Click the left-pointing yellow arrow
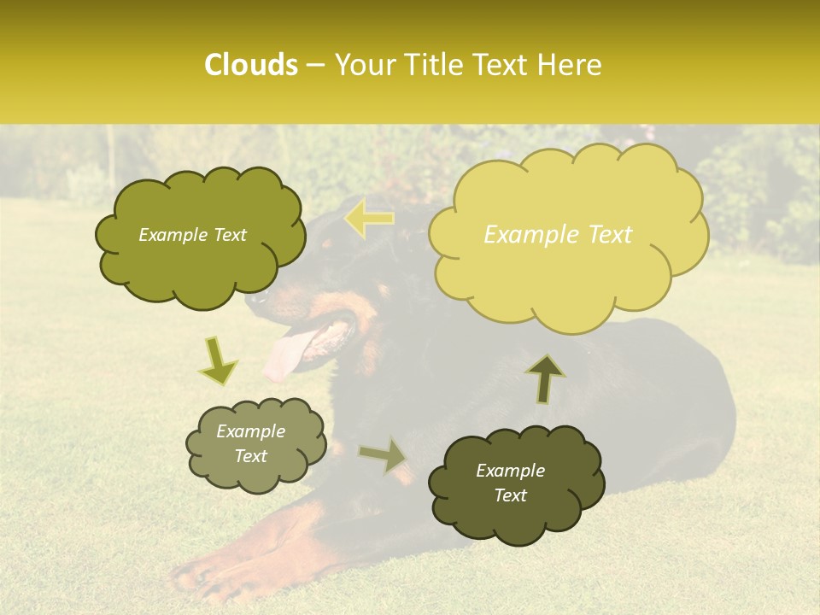(369, 219)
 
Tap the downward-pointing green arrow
(218, 360)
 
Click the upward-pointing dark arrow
(545, 378)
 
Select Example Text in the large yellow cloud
(558, 235)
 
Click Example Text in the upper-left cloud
(192, 235)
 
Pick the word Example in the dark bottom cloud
(510, 471)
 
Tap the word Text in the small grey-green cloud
(251, 456)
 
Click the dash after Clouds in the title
(314, 66)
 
